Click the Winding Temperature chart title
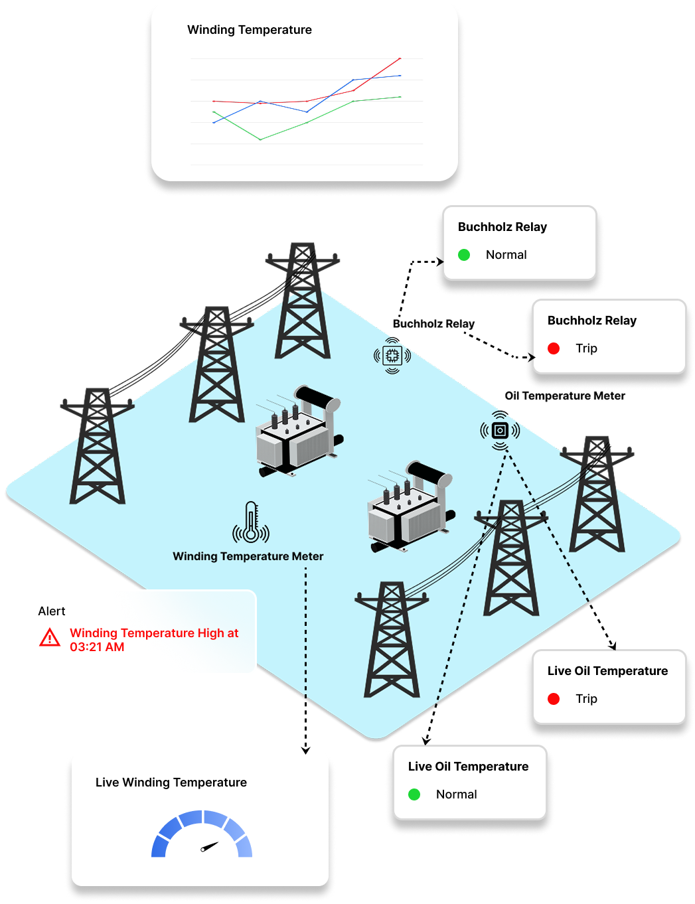pos(249,30)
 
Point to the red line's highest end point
pos(400,59)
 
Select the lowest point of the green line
pos(260,139)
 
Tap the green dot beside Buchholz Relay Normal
pos(464,255)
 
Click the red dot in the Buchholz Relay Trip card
pos(554,348)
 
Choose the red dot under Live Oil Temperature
pos(554,699)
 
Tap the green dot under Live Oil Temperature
pos(414,794)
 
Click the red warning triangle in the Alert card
pos(50,639)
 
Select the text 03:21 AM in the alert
pos(97,647)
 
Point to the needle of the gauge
pos(209,846)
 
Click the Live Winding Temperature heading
pos(171,783)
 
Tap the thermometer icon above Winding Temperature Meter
pos(251,522)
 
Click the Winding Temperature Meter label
pos(248,556)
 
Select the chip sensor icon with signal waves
pos(392,356)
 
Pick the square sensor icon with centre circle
pos(500,431)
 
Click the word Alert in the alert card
pos(52,611)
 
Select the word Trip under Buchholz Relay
pos(586,348)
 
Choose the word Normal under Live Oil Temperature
pos(456,794)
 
